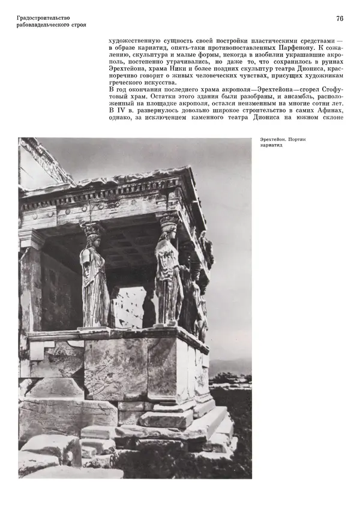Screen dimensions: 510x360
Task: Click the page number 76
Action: click(x=339, y=19)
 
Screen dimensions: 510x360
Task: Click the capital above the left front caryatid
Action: click(x=92, y=227)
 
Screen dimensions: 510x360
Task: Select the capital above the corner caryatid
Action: click(x=168, y=220)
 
